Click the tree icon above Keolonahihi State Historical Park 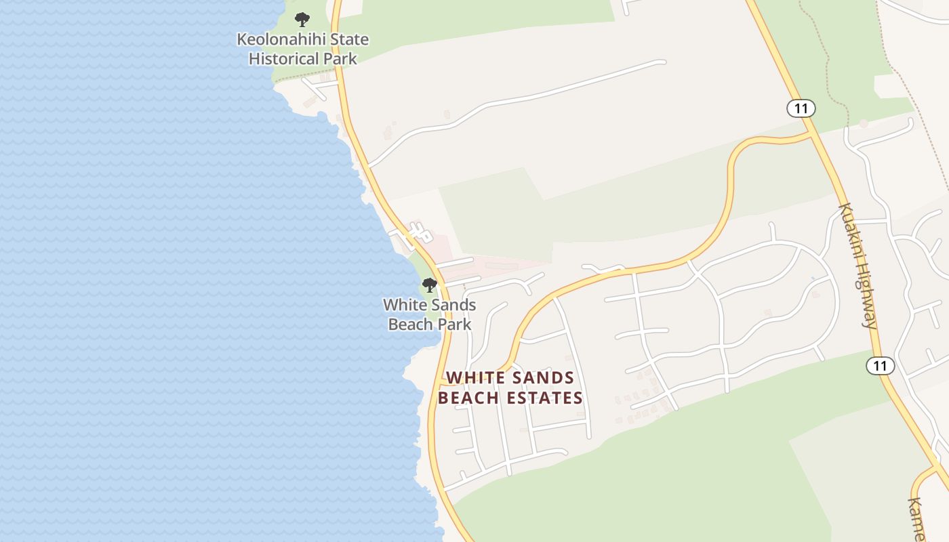click(x=302, y=19)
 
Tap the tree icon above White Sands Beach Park click(x=429, y=285)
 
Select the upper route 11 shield click(x=801, y=108)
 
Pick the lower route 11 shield click(x=880, y=366)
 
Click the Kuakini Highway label click(x=859, y=266)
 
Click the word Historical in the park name click(x=285, y=59)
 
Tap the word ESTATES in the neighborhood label click(x=545, y=398)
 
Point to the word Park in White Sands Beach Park click(x=454, y=325)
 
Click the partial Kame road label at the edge click(x=916, y=518)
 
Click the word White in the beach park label click(x=404, y=305)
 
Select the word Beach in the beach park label click(x=410, y=325)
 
